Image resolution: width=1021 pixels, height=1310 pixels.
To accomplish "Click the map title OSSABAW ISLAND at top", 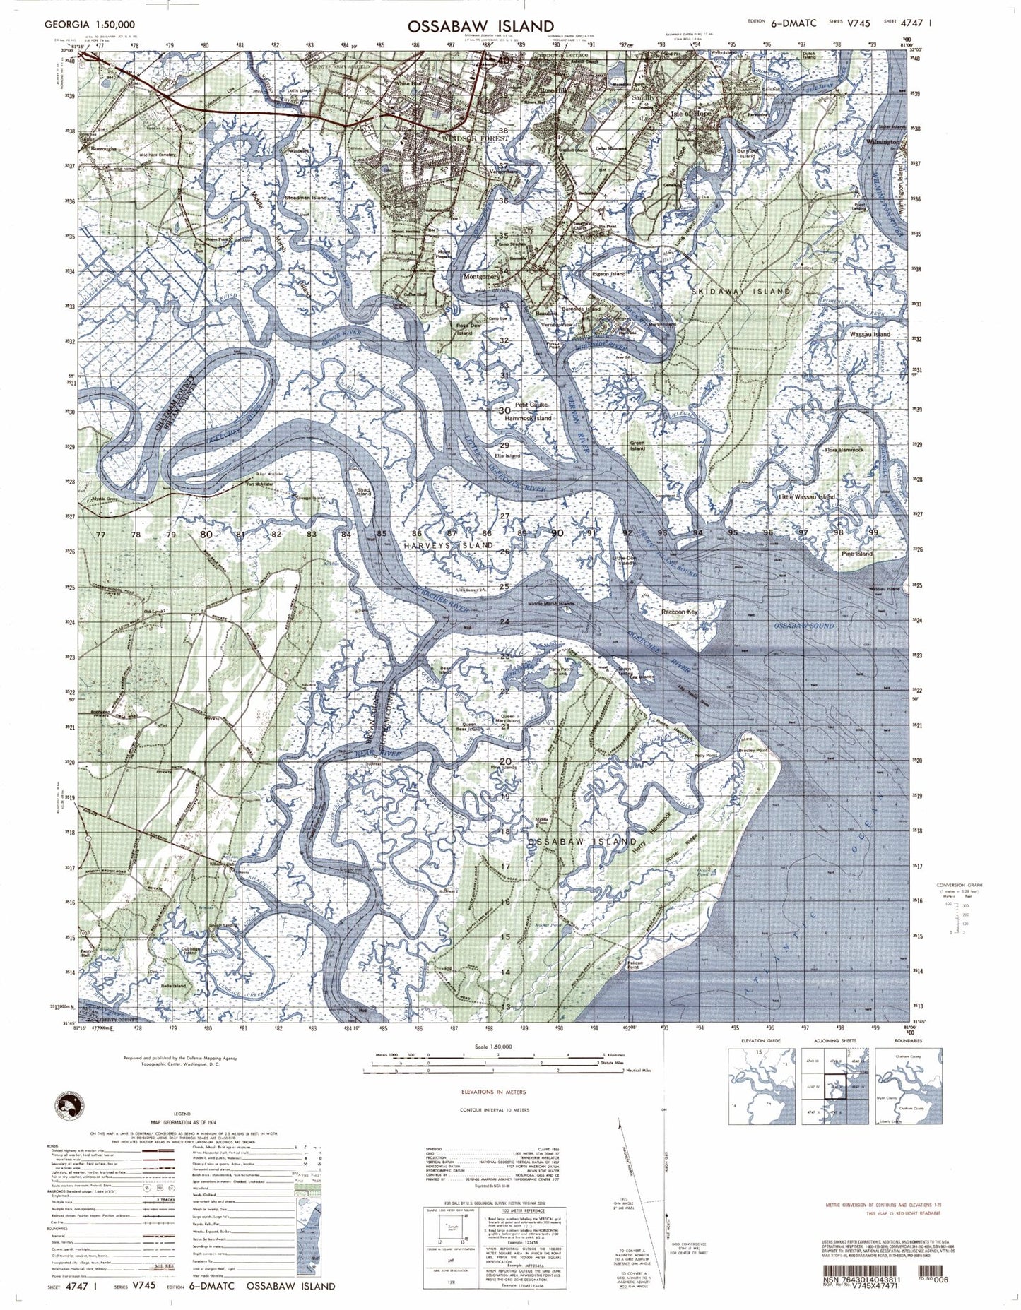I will [480, 26].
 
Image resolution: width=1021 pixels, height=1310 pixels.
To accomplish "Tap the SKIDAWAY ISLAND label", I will [740, 291].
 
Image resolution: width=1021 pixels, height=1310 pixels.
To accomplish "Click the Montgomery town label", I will [482, 277].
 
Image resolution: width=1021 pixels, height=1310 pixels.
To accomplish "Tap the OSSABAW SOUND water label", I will [803, 626].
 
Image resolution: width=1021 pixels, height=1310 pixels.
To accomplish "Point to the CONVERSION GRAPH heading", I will [959, 885].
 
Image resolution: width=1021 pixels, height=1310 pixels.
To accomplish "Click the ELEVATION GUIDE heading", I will [760, 1041].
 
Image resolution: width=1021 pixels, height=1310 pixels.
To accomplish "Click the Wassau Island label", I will [870, 334].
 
